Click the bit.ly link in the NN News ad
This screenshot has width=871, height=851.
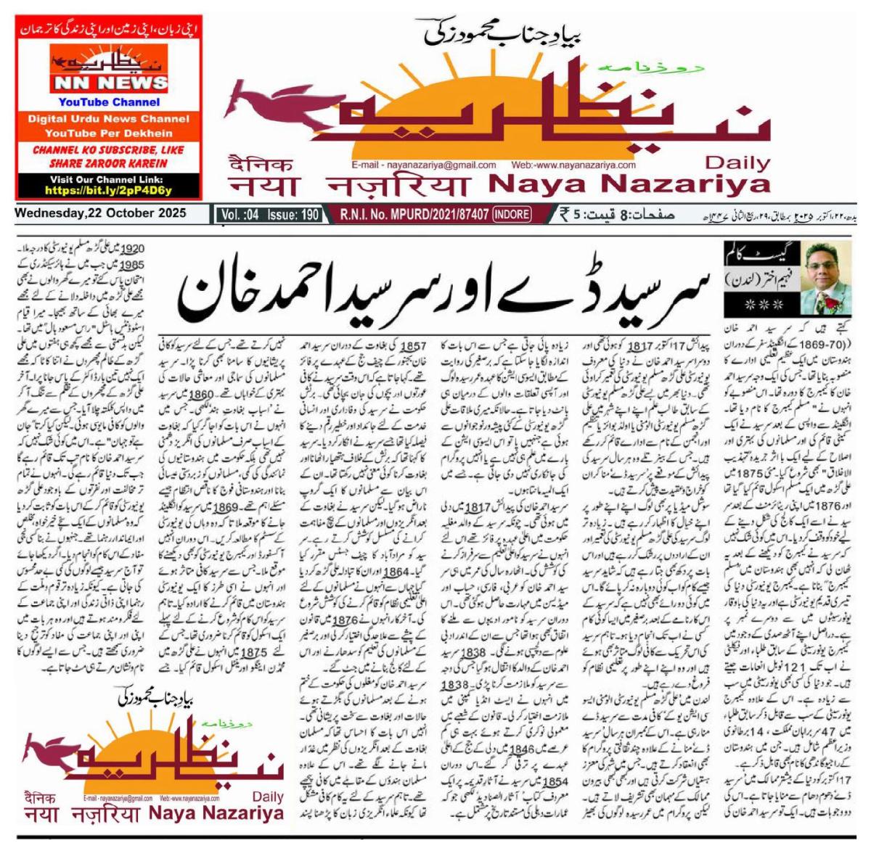click(x=108, y=191)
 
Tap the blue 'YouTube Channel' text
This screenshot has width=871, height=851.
click(x=109, y=102)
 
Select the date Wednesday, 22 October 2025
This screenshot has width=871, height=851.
click(x=100, y=213)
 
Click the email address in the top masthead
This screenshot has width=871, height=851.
click(x=424, y=165)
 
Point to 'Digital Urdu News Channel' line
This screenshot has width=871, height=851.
click(x=109, y=119)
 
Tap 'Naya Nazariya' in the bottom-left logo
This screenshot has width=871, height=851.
click(x=216, y=813)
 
